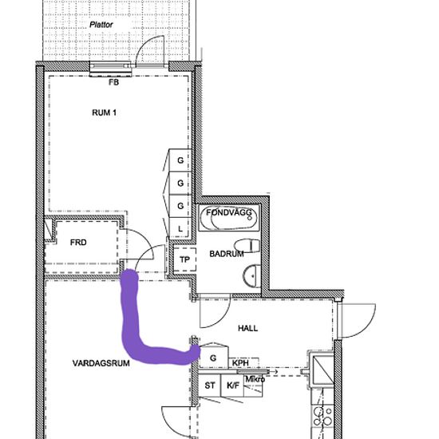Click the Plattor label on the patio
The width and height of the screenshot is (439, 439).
tap(101, 25)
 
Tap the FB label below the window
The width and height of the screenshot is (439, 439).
tap(113, 82)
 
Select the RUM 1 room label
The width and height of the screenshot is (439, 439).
tap(104, 113)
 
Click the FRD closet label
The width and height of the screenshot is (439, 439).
tap(78, 242)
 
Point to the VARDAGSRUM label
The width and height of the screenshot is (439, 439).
tap(101, 363)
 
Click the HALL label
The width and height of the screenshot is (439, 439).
tap(247, 328)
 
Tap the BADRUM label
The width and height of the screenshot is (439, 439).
tap(227, 254)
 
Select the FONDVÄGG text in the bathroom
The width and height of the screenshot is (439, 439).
tap(229, 212)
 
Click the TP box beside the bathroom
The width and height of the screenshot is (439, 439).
tap(184, 259)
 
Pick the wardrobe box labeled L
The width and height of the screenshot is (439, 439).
tap(180, 228)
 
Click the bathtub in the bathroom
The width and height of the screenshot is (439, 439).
tap(229, 218)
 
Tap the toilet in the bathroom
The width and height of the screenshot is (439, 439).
tap(247, 246)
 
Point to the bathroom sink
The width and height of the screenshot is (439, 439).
tap(251, 276)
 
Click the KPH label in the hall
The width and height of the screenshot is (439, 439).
tap(240, 363)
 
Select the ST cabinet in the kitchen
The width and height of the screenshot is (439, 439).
tap(210, 386)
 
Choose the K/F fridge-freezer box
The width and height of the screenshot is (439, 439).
tap(232, 386)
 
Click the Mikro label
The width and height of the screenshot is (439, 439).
tap(255, 379)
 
